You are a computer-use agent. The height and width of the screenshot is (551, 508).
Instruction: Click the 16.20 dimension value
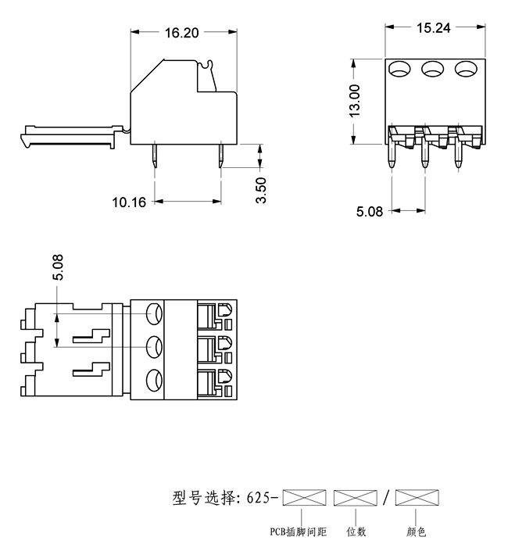click(x=181, y=33)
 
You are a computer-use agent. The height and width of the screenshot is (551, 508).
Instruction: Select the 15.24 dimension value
click(x=432, y=28)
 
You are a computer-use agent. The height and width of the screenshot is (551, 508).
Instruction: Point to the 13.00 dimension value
click(x=355, y=100)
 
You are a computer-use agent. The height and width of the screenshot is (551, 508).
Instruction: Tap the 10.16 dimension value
click(x=129, y=202)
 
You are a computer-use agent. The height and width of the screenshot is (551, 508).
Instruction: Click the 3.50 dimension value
click(x=263, y=190)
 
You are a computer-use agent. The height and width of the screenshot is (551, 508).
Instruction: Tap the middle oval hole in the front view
click(x=432, y=70)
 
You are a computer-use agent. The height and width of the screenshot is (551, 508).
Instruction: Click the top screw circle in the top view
click(x=154, y=313)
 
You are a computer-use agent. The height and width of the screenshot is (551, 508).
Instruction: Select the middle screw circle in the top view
click(x=154, y=345)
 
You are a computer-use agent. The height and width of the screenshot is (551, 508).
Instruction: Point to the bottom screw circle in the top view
click(x=154, y=381)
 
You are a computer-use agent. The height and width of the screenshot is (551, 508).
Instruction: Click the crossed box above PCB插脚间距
click(x=304, y=497)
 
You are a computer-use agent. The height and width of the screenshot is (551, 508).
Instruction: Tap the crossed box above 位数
click(x=355, y=497)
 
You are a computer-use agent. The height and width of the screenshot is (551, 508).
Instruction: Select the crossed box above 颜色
click(x=417, y=497)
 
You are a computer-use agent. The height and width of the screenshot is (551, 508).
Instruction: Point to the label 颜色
click(x=417, y=532)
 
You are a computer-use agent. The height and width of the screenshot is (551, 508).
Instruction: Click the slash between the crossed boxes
click(x=386, y=497)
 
